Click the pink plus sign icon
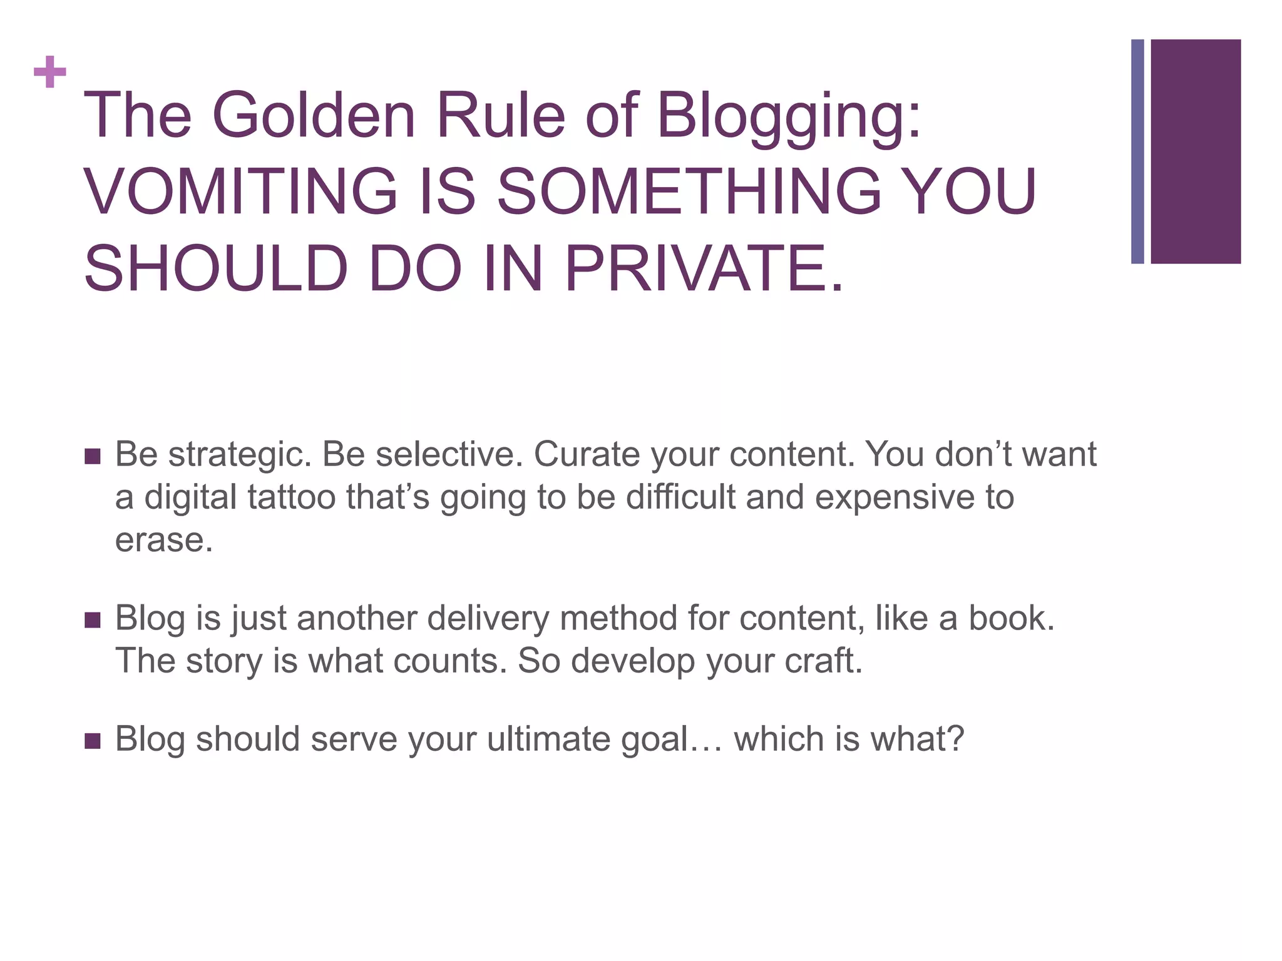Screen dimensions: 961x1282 pyautogui.click(x=50, y=72)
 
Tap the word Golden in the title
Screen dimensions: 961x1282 pyautogui.click(x=314, y=116)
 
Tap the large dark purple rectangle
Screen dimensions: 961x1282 pyautogui.click(x=1195, y=151)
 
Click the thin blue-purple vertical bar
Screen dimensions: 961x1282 pyautogui.click(x=1137, y=151)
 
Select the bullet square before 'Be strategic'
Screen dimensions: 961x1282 pyautogui.click(x=92, y=456)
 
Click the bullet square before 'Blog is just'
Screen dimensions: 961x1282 pyautogui.click(x=92, y=620)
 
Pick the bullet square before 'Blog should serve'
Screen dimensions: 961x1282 pyautogui.click(x=92, y=741)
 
